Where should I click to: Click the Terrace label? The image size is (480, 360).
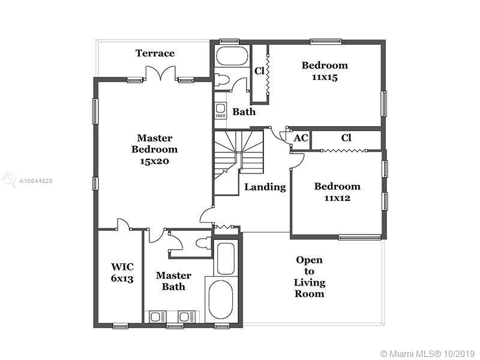155,53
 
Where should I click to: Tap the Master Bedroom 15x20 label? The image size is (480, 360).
154,149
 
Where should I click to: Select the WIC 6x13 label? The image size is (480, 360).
122,272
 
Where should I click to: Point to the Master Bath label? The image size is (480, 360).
173,281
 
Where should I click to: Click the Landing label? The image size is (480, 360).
265,187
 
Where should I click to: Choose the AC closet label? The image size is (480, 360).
301,138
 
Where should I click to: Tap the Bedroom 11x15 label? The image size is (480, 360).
325,71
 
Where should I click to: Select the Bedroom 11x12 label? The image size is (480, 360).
337,191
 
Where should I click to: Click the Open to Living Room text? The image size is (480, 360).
309,277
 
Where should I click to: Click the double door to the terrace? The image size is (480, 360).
161,75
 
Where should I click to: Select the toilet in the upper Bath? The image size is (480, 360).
222,80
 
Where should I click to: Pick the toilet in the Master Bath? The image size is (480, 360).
203,243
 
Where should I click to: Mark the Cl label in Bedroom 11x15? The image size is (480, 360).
259,71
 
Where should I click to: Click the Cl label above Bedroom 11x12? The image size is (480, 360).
346,138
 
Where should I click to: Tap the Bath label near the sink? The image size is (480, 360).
244,112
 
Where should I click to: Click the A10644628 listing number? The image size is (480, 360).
36,180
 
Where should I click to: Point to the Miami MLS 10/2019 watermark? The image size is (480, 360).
427,352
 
